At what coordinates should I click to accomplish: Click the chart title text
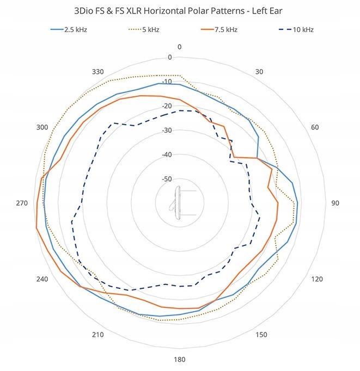click(x=180, y=10)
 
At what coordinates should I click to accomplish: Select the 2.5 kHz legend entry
click(x=68, y=29)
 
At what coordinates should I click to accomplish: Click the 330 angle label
click(x=97, y=72)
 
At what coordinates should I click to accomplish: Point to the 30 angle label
click(x=259, y=72)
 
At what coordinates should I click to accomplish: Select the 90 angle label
click(x=335, y=203)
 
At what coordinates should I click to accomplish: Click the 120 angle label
click(x=317, y=279)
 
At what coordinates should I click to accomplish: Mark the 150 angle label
click(x=261, y=335)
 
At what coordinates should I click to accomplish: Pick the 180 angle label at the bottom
click(x=179, y=360)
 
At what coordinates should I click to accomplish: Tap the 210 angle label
click(x=97, y=335)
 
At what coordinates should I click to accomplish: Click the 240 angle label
click(x=42, y=279)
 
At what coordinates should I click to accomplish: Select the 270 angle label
click(x=22, y=203)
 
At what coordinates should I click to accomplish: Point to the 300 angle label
click(x=42, y=127)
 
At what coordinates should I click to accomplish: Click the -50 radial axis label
click(x=167, y=179)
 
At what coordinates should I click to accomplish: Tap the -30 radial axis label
click(x=167, y=131)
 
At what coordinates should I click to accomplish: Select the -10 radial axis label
click(x=167, y=82)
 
